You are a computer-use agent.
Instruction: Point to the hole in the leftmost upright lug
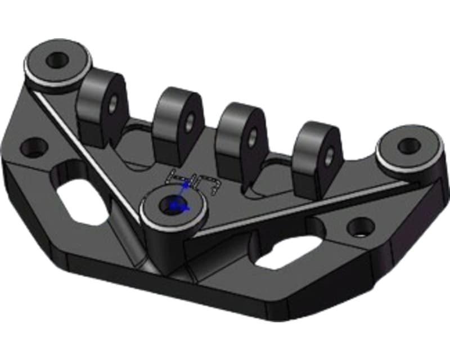[114, 102]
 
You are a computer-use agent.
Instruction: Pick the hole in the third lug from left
[253, 136]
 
